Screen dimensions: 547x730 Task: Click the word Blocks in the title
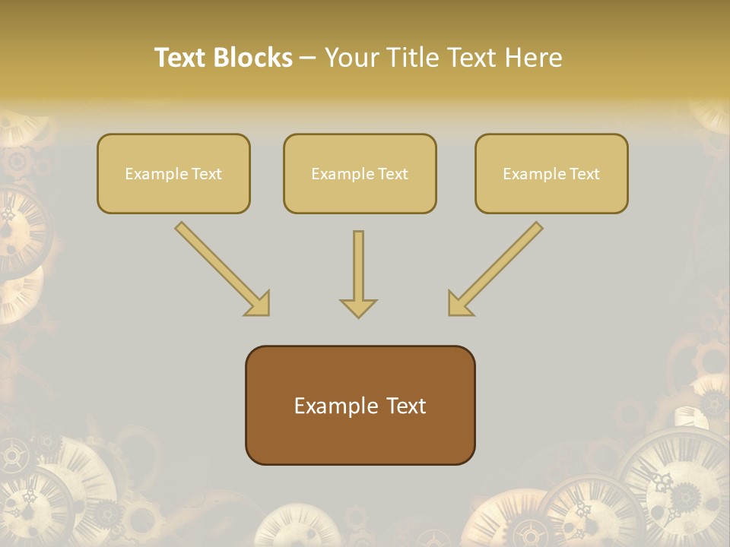(x=252, y=58)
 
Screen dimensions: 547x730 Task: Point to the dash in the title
(x=308, y=58)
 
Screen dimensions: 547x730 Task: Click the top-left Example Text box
(x=173, y=173)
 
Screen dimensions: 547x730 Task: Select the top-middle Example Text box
(x=360, y=173)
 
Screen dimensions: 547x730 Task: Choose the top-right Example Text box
(x=551, y=173)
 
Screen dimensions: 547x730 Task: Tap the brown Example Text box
(x=360, y=405)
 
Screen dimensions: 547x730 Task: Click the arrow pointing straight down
(x=358, y=273)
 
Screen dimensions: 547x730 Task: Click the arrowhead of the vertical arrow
(x=358, y=308)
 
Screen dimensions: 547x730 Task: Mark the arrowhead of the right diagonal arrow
(x=459, y=304)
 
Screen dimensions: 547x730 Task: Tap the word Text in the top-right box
(x=584, y=174)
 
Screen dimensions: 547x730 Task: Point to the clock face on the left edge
(x=19, y=228)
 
